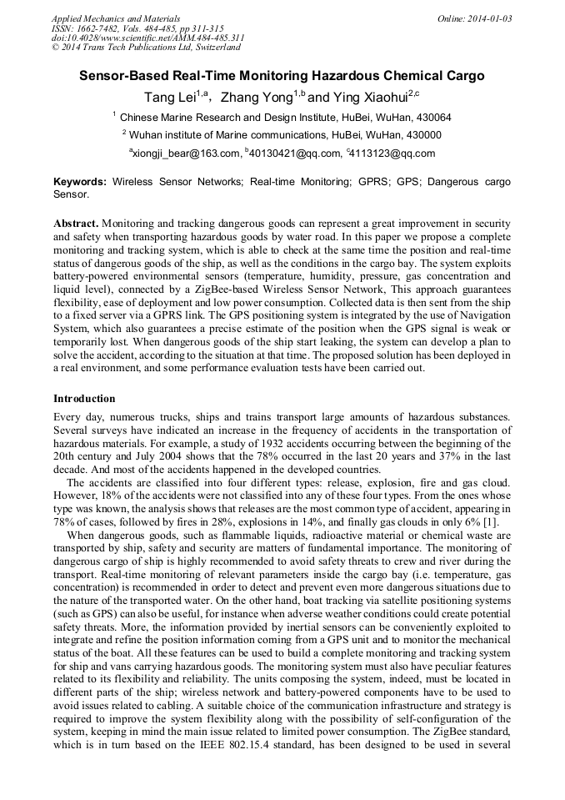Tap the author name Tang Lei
pyautogui.click(x=171, y=98)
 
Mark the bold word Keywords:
pyautogui.click(x=80, y=181)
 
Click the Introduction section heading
pyautogui.click(x=84, y=399)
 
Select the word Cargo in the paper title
pyautogui.click(x=464, y=76)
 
